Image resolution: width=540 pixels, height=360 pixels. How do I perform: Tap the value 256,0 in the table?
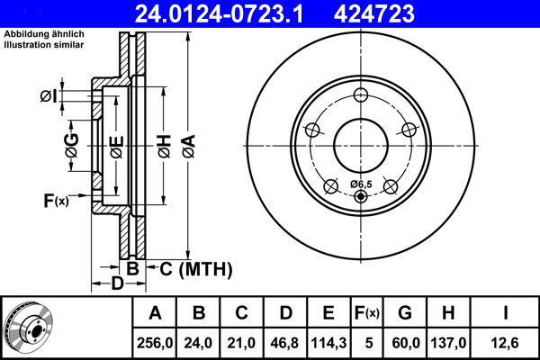coord(155,341)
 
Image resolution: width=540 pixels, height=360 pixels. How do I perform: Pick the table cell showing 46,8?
coord(285,341)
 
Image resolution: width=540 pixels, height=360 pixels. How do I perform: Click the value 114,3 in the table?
coord(328,341)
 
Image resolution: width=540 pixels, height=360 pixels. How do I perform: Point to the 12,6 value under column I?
coord(506,341)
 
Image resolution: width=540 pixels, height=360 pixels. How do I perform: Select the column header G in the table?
coord(405,313)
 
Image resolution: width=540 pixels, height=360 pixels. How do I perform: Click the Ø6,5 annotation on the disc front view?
coord(360,184)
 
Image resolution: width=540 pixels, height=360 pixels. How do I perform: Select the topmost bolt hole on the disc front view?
coord(361,96)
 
